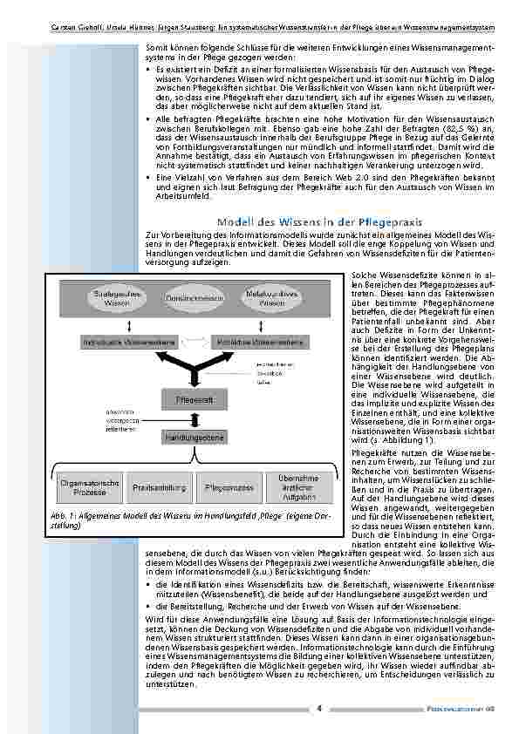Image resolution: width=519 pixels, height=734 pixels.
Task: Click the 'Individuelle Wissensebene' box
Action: [120, 342]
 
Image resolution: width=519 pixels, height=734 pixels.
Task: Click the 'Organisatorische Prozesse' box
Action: [90, 487]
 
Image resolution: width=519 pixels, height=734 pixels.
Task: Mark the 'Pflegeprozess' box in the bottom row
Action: [229, 487]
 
